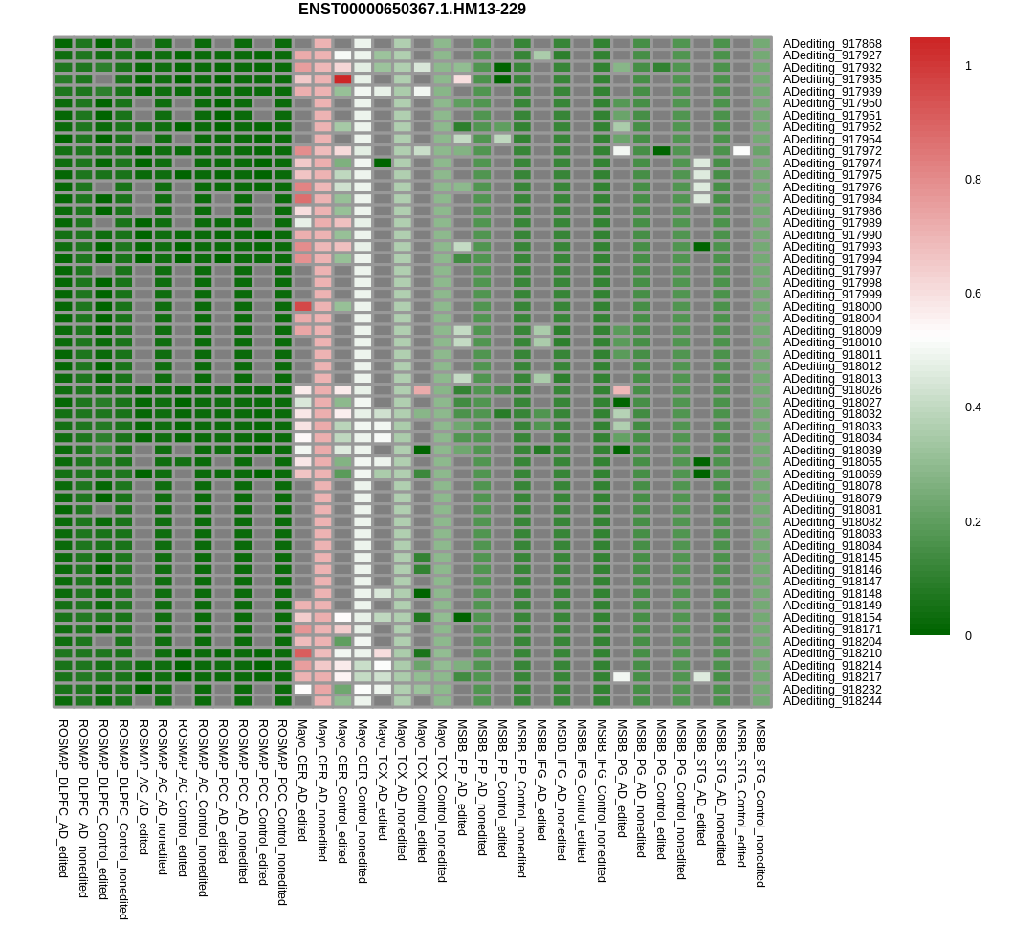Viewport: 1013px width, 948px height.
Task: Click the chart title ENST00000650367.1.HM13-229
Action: point(411,10)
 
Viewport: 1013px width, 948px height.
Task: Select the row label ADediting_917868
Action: point(832,43)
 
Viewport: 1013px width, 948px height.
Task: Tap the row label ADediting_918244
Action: point(832,701)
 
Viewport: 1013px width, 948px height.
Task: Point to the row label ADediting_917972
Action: point(832,151)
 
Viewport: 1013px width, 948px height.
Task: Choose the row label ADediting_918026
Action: point(832,390)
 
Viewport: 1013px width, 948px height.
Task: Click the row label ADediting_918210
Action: point(832,653)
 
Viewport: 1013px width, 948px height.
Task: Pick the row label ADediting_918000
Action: point(832,306)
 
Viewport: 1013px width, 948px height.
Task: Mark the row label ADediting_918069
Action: point(832,474)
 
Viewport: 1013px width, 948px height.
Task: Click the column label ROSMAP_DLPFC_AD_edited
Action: point(63,798)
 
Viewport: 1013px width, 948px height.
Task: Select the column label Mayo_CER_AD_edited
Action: point(302,781)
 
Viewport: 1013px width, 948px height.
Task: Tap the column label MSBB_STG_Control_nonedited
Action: point(760,804)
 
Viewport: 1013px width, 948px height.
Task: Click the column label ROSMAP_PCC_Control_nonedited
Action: point(282,812)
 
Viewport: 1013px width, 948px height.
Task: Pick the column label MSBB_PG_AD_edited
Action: point(622,779)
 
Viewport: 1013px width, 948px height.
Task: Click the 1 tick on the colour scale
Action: point(968,66)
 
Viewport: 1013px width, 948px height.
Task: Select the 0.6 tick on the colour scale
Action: point(972,294)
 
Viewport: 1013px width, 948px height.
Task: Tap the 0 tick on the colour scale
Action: point(968,635)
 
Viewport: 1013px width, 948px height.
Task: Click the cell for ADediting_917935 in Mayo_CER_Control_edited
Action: point(342,79)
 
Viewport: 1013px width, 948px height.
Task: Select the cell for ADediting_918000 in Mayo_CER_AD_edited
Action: point(302,306)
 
